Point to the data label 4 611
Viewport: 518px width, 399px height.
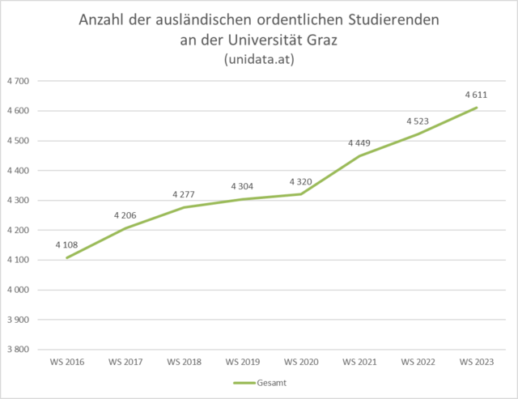(x=476, y=95)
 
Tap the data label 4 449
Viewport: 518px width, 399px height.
(x=359, y=143)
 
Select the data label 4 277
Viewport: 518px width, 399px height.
(x=184, y=194)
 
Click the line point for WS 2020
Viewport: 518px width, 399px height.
(x=301, y=193)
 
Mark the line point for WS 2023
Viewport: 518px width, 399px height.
(x=477, y=108)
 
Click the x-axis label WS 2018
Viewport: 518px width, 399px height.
(x=184, y=361)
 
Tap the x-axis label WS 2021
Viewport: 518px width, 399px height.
(x=359, y=361)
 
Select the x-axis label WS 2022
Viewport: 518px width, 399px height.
(x=418, y=361)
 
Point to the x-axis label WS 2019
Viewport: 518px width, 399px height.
(x=242, y=361)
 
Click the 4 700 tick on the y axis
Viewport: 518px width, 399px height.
(x=17, y=81)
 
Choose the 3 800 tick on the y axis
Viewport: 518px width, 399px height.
(x=17, y=350)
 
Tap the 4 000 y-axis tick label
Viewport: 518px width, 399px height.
(x=17, y=290)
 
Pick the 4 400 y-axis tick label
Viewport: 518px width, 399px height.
(x=17, y=171)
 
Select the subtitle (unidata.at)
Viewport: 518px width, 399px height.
(x=259, y=60)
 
